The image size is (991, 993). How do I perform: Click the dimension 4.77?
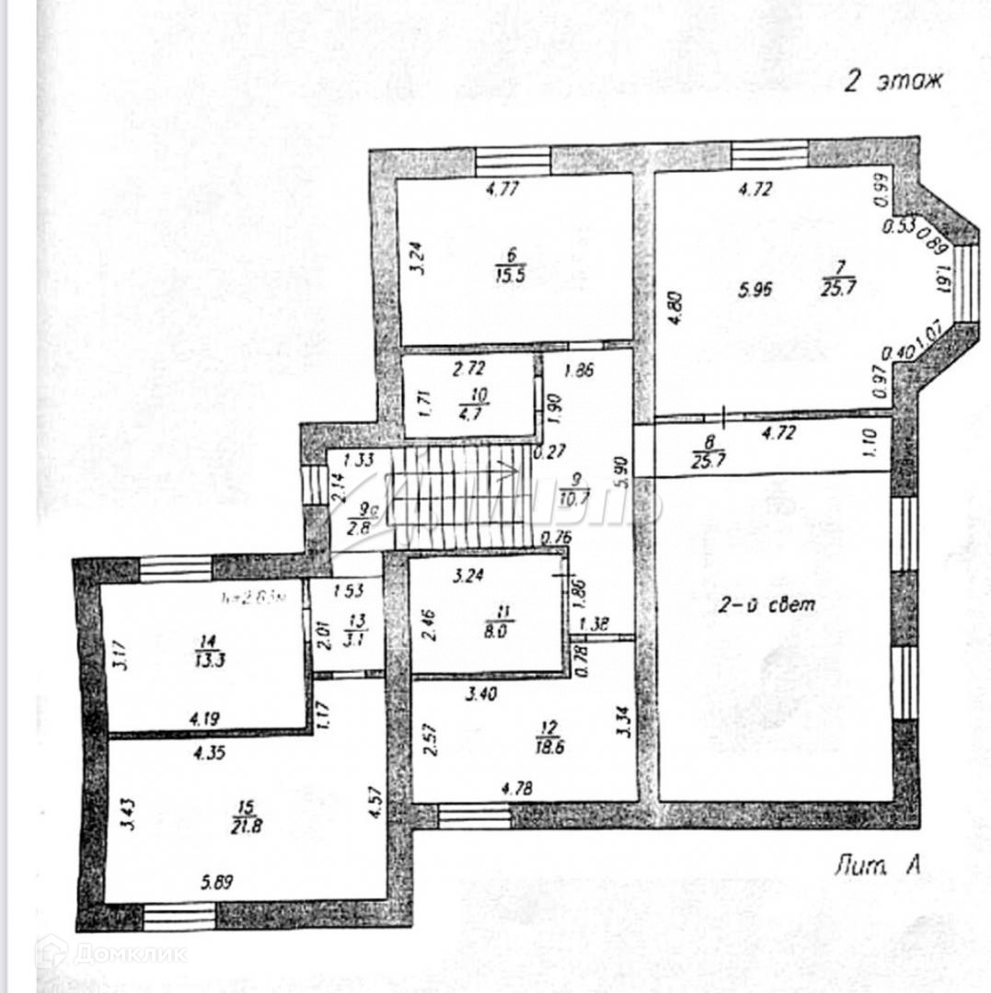click(502, 190)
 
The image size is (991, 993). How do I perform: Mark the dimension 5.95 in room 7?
click(755, 290)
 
